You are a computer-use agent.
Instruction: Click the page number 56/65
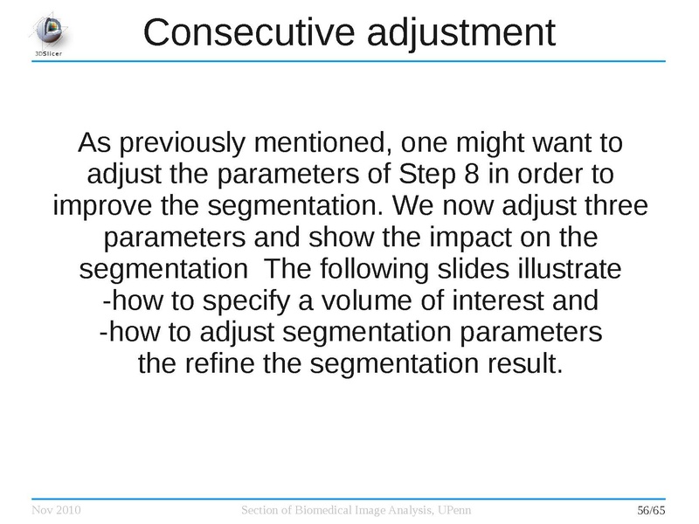tap(652, 509)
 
